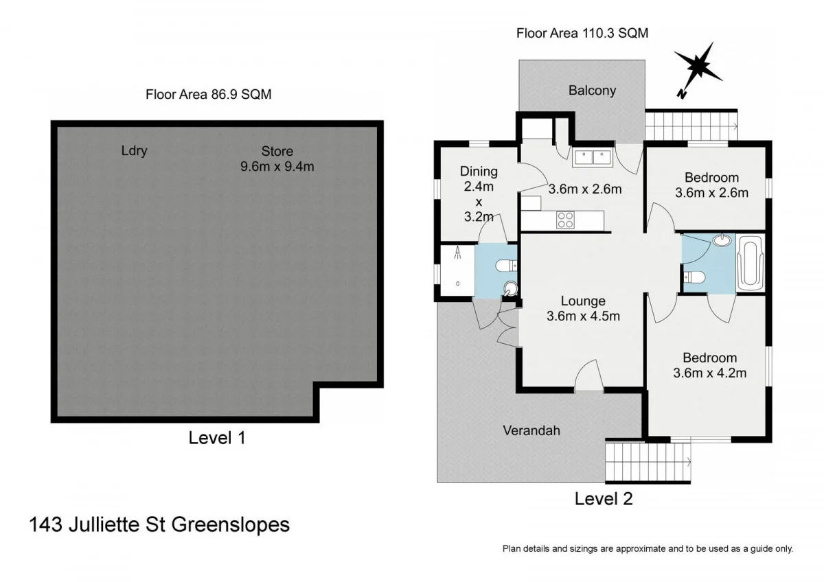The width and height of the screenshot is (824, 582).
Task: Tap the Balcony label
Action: (592, 91)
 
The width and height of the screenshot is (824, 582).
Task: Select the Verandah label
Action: (531, 430)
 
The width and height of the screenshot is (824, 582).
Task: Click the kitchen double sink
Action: (593, 157)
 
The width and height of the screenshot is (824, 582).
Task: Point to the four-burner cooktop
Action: (564, 220)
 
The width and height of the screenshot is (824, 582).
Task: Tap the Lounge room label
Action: (583, 301)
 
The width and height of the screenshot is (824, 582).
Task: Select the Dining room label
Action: (479, 172)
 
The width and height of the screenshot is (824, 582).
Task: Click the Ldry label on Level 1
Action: (134, 151)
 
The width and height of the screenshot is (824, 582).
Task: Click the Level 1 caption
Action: (217, 437)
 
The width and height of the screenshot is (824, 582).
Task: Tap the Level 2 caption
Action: (603, 498)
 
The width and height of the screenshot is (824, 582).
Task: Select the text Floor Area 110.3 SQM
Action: (582, 33)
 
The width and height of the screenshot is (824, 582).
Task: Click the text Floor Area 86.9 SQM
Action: (208, 95)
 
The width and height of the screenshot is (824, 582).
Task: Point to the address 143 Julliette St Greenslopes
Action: (159, 525)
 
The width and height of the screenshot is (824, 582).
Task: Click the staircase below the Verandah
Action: (648, 463)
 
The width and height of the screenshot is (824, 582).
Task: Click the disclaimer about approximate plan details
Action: (648, 548)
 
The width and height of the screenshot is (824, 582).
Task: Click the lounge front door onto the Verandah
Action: (588, 377)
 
